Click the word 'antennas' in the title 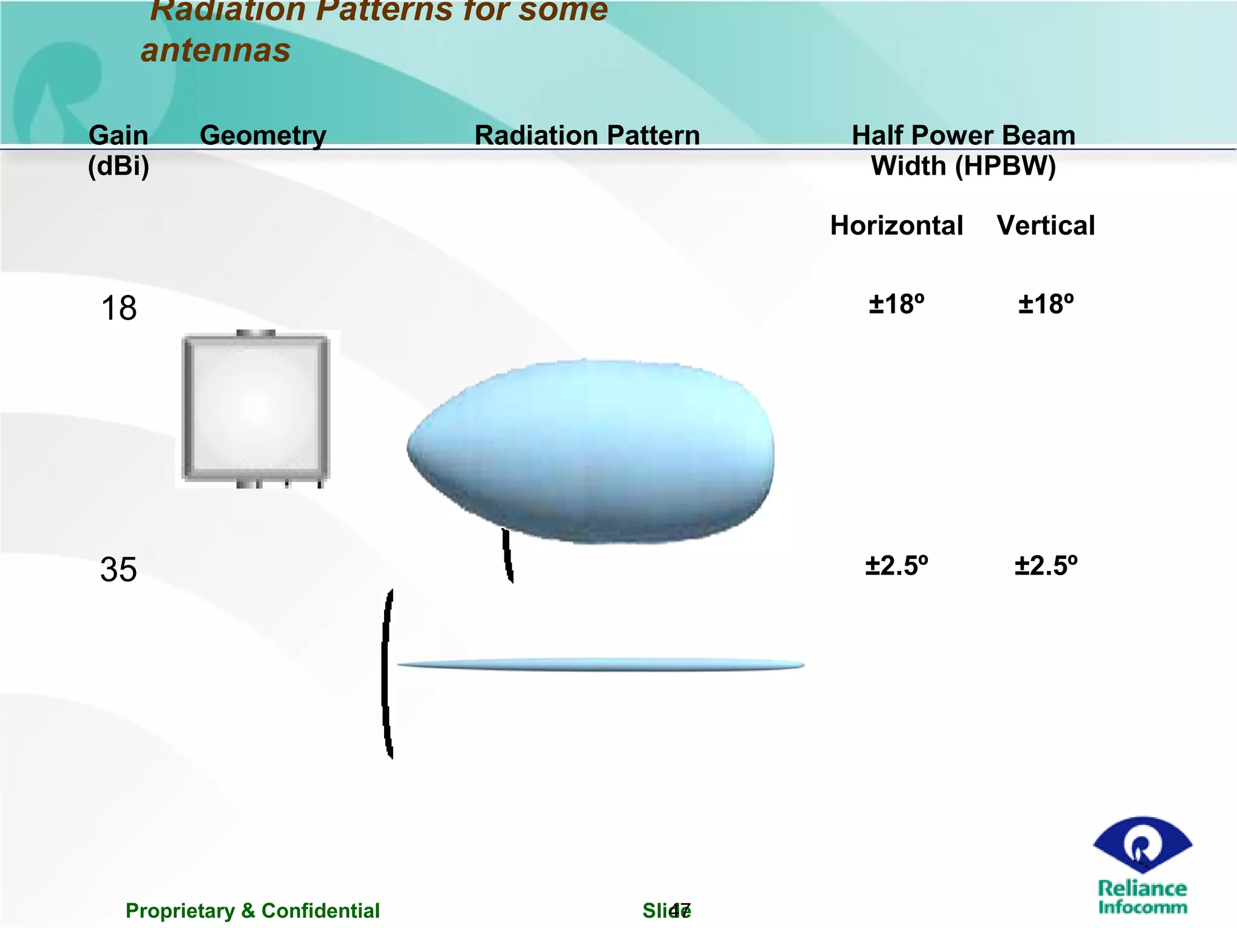click(x=216, y=50)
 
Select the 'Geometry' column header click(x=263, y=135)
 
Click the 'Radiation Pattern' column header click(x=587, y=135)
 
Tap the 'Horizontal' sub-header click(x=896, y=225)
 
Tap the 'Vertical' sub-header click(x=1046, y=225)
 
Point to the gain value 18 click(x=119, y=308)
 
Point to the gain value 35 click(x=118, y=570)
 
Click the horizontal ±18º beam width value click(x=896, y=304)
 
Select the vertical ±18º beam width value click(x=1046, y=304)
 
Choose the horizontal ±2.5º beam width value click(x=896, y=566)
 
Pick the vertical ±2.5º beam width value click(x=1046, y=566)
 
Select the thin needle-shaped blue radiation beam click(x=601, y=665)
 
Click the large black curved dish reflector click(x=387, y=674)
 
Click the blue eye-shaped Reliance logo click(x=1142, y=845)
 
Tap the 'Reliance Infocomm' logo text click(x=1142, y=897)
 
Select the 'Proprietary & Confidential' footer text click(x=252, y=910)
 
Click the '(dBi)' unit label click(x=118, y=166)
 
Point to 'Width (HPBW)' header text click(x=963, y=166)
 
